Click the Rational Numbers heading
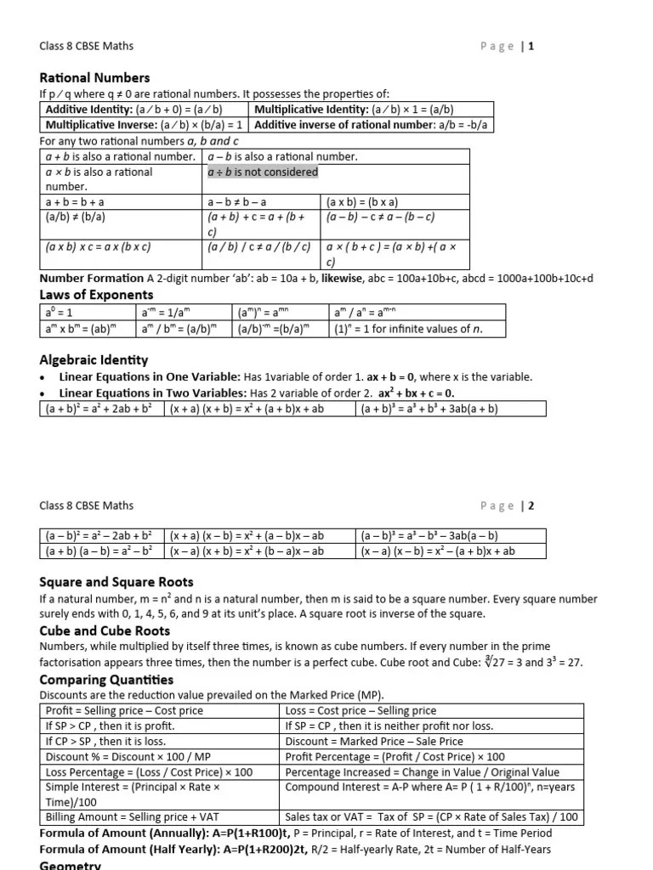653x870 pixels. point(94,77)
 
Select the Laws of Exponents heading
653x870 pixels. point(96,295)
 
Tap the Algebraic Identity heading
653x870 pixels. point(94,359)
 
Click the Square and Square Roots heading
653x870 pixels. point(116,582)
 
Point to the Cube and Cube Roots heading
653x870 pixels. point(105,630)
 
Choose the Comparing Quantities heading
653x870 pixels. point(106,680)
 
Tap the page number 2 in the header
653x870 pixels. point(532,506)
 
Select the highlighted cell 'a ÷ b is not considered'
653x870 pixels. point(263,172)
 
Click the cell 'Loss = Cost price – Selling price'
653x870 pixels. point(361,710)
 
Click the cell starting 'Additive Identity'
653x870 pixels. point(143,110)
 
